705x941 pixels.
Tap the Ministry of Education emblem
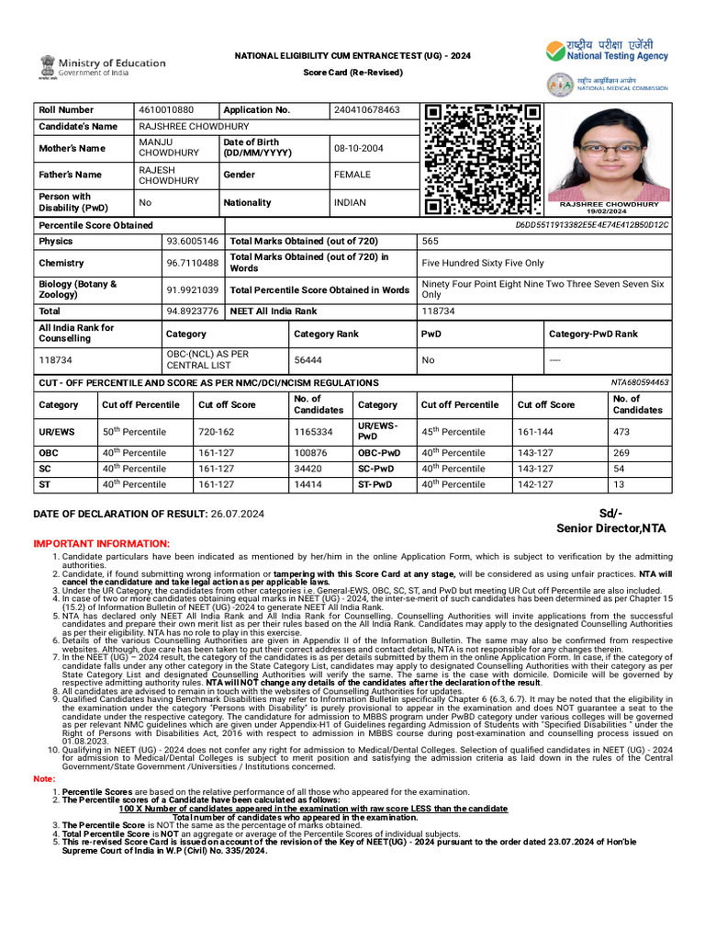pyautogui.click(x=47, y=66)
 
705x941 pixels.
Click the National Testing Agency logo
pyautogui.click(x=556, y=51)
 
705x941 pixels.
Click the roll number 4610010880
pyautogui.click(x=166, y=110)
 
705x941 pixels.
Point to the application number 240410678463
pyautogui.click(x=367, y=110)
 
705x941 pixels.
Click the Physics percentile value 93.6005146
pyautogui.click(x=193, y=241)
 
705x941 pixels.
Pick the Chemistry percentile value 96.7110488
pyautogui.click(x=193, y=263)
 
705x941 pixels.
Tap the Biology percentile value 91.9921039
pyautogui.click(x=193, y=289)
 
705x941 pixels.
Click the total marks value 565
pyautogui.click(x=430, y=241)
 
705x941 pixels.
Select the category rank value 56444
pyautogui.click(x=308, y=360)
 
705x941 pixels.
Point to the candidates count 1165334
pyautogui.click(x=313, y=430)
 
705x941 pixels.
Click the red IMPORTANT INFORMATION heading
pyautogui.click(x=101, y=544)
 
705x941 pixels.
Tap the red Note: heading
pyautogui.click(x=44, y=779)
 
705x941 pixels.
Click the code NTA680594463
pyautogui.click(x=640, y=382)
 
